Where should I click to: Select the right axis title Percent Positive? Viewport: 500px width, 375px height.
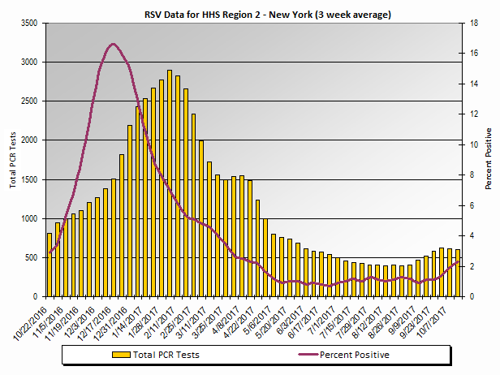(489, 158)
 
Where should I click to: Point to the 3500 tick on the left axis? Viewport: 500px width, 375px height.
(28, 23)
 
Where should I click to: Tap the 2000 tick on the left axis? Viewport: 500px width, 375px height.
(28, 140)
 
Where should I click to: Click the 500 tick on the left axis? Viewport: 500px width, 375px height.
(31, 257)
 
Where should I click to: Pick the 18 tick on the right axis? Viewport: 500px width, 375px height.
(481, 23)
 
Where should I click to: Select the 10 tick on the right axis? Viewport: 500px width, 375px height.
(481, 144)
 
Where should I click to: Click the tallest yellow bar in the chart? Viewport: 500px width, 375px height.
(170, 183)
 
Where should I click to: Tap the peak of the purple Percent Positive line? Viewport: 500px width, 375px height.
(113, 44)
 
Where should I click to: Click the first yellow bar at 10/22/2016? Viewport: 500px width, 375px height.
(50, 265)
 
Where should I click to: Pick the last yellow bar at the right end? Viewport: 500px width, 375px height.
(458, 273)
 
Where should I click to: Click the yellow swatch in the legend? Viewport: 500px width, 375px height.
(122, 355)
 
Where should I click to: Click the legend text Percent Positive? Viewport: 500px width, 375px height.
(354, 355)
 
